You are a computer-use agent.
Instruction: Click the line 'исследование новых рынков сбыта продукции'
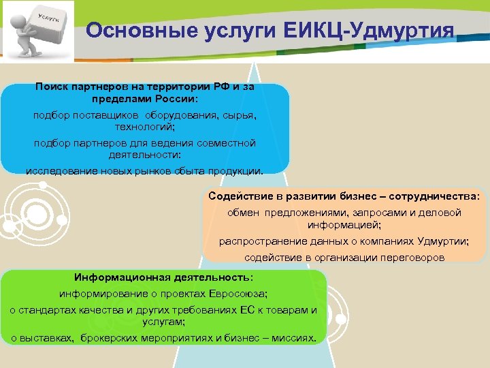coord(144,170)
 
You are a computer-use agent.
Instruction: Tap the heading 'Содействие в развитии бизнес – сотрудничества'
coord(344,196)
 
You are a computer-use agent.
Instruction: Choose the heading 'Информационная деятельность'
coord(163,277)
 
